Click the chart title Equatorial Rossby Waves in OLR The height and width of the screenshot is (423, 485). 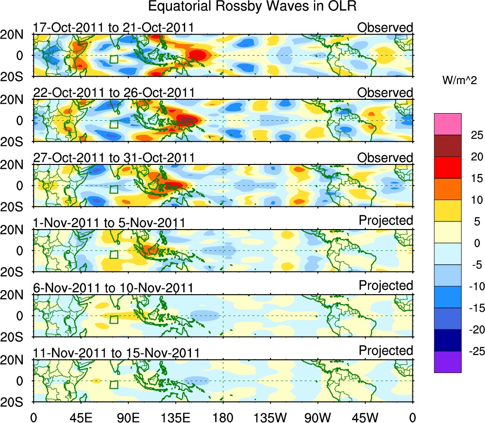[x=252, y=7]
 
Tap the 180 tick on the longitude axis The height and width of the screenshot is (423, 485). [x=223, y=417]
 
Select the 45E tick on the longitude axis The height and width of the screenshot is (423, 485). [x=80, y=417]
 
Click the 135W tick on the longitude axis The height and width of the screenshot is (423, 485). [x=269, y=417]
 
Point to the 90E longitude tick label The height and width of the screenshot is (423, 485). [x=127, y=417]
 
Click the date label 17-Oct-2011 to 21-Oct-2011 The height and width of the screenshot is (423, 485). [x=114, y=28]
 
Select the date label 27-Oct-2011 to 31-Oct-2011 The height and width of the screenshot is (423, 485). [x=114, y=157]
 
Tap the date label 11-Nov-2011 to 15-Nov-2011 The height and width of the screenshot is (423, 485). [x=116, y=353]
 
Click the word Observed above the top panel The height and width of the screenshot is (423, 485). [x=385, y=28]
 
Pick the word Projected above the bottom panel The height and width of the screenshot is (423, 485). [x=386, y=351]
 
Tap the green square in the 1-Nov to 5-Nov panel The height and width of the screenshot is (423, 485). [x=114, y=254]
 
